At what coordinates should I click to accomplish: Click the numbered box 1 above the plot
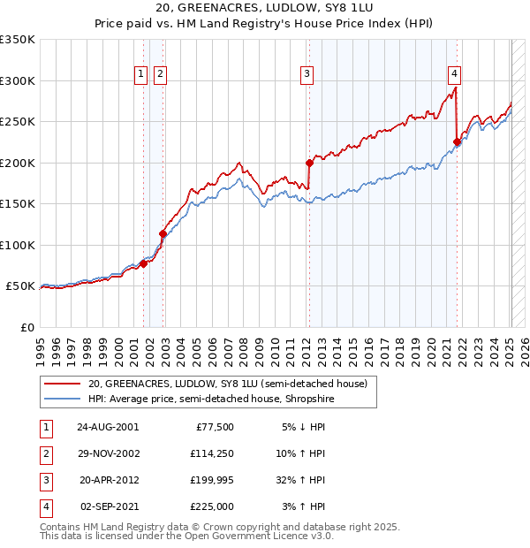[141, 74]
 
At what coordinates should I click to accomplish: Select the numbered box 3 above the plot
[307, 74]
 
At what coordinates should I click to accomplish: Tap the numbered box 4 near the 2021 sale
[453, 74]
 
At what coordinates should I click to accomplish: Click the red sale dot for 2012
[310, 163]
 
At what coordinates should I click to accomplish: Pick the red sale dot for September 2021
[457, 141]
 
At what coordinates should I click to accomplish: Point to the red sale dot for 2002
[163, 233]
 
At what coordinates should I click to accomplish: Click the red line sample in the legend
[62, 384]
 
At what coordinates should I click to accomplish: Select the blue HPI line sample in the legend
[62, 400]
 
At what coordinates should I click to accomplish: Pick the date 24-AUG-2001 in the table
[108, 427]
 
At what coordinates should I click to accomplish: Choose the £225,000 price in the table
[212, 507]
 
